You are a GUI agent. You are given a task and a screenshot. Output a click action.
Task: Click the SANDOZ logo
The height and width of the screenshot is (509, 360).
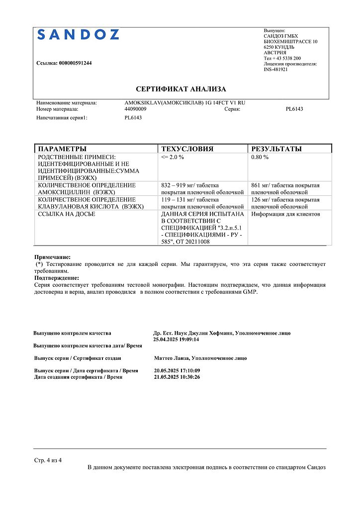78,34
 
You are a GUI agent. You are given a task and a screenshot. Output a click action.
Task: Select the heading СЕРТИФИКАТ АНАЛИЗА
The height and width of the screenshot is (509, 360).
181,89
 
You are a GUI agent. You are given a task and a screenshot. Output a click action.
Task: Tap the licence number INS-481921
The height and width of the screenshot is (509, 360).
275,70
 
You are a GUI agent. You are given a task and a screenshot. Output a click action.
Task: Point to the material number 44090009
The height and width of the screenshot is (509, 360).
135,108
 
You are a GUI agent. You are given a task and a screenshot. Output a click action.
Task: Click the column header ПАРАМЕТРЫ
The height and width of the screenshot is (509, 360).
62,149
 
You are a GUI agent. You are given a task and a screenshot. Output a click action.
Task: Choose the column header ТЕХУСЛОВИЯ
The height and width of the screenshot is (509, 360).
187,149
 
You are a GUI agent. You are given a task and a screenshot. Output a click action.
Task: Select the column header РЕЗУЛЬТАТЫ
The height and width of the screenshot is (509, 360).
276,149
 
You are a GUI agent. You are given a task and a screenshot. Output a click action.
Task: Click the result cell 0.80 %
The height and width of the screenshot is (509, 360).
260,157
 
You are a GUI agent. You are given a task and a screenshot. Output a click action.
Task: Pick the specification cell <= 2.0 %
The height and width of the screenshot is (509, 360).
173,157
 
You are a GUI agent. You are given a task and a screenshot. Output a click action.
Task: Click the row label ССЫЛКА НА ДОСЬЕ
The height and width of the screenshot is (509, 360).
67,214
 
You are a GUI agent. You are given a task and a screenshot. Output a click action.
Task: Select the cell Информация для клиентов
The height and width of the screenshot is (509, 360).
286,214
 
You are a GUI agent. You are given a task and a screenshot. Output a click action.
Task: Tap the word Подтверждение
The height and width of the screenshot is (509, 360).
56,278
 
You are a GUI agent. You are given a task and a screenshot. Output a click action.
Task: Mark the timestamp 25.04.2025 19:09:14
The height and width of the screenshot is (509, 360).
177,339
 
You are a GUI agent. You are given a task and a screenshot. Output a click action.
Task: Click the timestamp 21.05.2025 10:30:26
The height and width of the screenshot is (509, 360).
177,377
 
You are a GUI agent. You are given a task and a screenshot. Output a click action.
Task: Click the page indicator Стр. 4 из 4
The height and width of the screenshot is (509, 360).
48,460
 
